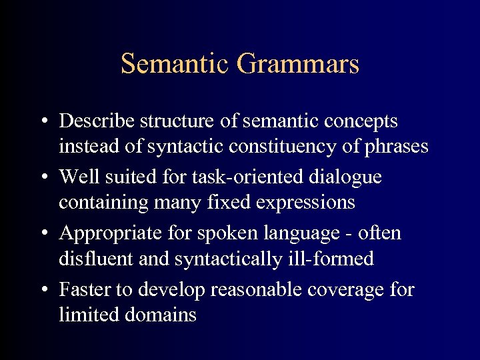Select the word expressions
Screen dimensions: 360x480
pos(303,202)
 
